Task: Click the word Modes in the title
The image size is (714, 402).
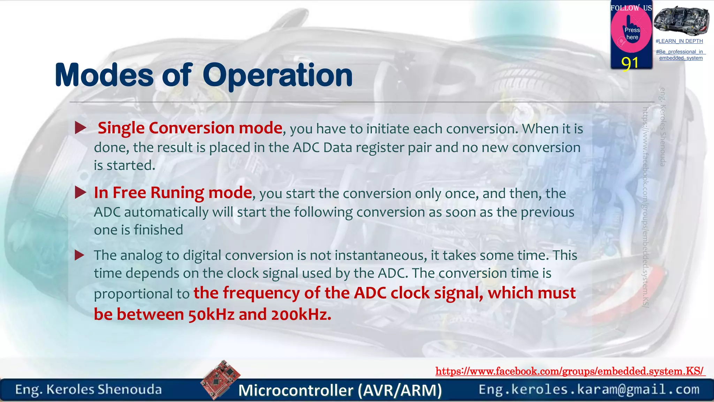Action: coord(104,75)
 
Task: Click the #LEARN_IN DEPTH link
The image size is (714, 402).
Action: coord(679,41)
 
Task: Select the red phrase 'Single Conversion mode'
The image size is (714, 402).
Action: coord(190,128)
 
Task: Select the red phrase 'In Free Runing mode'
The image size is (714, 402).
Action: coord(173,193)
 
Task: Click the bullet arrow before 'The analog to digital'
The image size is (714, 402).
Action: coord(80,255)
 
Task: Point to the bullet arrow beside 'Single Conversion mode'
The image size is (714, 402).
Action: coord(80,128)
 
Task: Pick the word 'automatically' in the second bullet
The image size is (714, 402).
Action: coord(166,212)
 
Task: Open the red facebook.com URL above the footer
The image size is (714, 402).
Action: coord(570,371)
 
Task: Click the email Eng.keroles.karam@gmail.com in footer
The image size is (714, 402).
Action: coord(589,389)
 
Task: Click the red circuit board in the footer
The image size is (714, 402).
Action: coord(220,379)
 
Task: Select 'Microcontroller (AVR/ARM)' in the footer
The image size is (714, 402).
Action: coord(340,390)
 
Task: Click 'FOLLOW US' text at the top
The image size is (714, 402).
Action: coord(631,8)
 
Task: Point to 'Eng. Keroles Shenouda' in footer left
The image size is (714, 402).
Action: coord(89,389)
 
